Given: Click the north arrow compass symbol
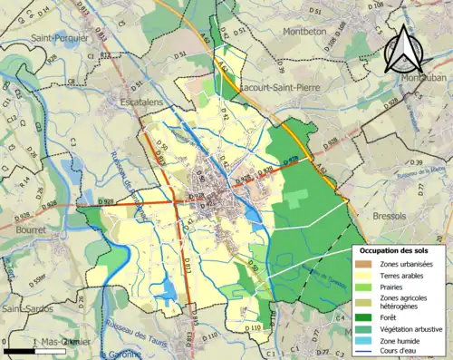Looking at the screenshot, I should (x=404, y=51).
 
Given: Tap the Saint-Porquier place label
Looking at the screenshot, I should (x=60, y=38).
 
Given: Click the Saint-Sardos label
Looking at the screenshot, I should (x=29, y=309).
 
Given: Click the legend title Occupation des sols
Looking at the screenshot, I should (x=394, y=249).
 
